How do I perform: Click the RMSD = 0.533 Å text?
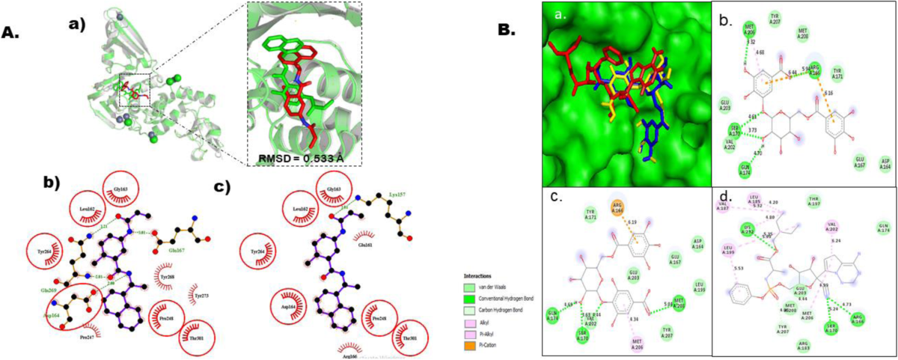coord(303,156)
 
